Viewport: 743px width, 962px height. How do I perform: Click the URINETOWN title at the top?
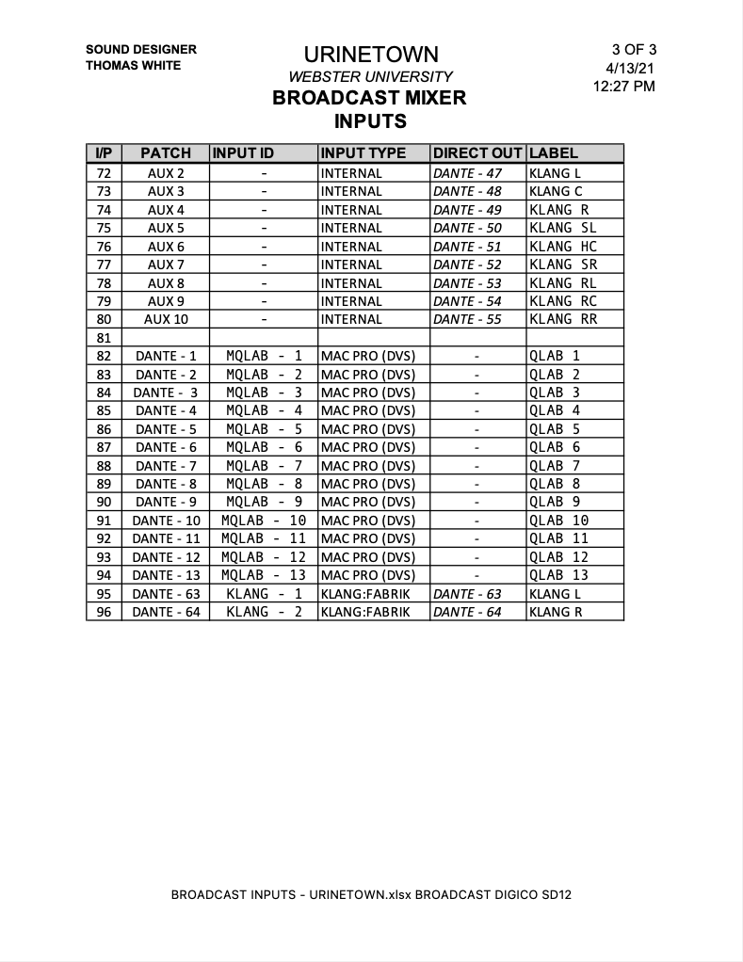click(x=370, y=55)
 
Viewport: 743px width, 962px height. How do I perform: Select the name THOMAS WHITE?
click(x=134, y=66)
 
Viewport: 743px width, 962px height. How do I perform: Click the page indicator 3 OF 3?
click(x=634, y=50)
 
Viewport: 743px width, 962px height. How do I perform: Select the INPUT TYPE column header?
click(x=363, y=153)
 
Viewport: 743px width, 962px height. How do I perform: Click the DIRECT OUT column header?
click(x=477, y=153)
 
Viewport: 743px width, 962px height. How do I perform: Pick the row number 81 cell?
click(x=104, y=338)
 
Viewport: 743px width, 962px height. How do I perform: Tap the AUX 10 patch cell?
click(x=166, y=319)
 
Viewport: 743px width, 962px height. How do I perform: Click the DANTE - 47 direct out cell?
click(x=467, y=173)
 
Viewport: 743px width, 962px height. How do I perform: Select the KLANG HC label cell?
click(x=563, y=247)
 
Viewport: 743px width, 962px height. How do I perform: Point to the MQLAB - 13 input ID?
click(x=264, y=575)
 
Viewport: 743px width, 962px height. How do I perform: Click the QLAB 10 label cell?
click(x=559, y=521)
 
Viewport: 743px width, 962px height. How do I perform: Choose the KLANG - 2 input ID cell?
click(x=264, y=612)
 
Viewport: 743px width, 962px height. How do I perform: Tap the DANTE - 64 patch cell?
click(x=166, y=612)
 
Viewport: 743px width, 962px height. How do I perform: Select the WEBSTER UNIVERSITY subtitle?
click(x=370, y=77)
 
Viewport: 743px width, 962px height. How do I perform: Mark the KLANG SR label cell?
click(x=563, y=265)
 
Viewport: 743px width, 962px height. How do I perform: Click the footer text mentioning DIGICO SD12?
click(x=371, y=894)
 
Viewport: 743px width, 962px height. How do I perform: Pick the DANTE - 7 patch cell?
click(x=166, y=466)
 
